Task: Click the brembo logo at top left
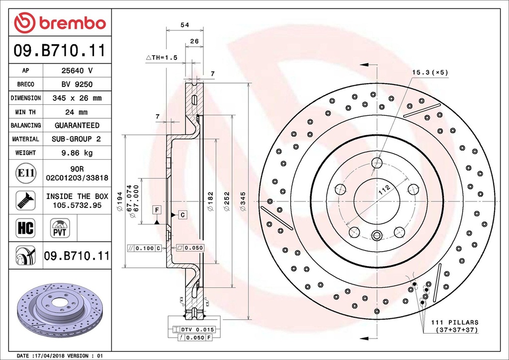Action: (x=60, y=22)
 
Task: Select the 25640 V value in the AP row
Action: (x=77, y=71)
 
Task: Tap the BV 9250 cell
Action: (x=77, y=85)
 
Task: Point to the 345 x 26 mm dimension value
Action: (x=77, y=98)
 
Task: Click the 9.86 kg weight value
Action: (x=77, y=153)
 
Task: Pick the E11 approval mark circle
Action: (x=25, y=173)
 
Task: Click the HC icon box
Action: (x=25, y=228)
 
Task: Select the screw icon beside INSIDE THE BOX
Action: (x=25, y=200)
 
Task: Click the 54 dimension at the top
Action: (x=184, y=24)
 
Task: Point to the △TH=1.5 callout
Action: (x=162, y=58)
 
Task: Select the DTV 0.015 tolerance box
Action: (x=193, y=330)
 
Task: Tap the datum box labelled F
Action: (x=157, y=210)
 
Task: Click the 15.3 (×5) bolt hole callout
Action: (x=429, y=72)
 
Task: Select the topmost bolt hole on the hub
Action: (x=376, y=163)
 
